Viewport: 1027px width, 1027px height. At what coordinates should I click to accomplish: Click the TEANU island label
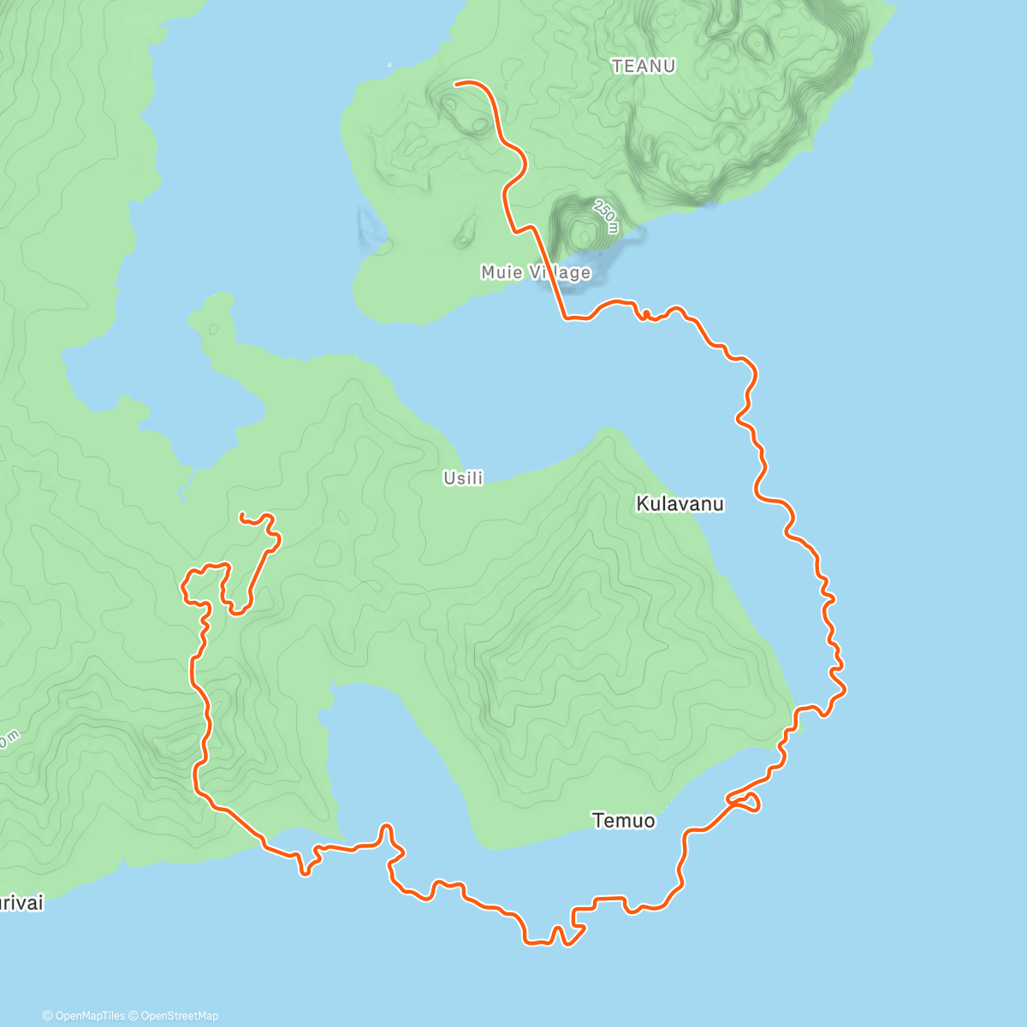coord(644,66)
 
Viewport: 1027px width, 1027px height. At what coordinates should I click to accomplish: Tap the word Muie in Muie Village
coord(501,272)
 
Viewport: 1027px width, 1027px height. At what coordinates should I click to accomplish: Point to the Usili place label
coord(463,478)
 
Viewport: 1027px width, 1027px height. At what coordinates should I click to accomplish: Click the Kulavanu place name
coord(680,504)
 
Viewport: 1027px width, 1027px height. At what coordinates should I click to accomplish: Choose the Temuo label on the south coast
coord(624,821)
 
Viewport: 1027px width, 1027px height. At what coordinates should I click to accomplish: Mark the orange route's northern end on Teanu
coord(456,83)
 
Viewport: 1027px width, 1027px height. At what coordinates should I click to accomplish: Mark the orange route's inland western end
coord(241,514)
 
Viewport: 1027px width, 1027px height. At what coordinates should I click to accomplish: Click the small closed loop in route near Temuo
coord(747,802)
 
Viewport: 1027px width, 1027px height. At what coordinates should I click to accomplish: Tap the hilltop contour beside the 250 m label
coord(583,232)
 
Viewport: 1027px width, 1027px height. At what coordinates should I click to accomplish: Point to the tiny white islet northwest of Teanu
coord(389,64)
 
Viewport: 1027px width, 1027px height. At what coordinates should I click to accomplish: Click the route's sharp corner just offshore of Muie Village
coord(565,318)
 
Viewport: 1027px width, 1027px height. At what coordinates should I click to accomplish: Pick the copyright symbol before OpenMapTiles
coord(48,1016)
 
